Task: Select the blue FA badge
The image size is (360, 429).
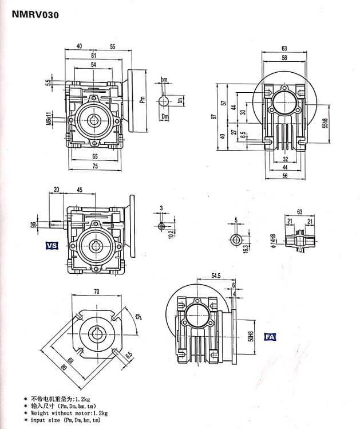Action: [x=270, y=337]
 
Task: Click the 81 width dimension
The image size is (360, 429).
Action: [x=93, y=56]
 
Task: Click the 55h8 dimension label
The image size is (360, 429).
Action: [x=325, y=123]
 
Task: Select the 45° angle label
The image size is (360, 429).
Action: [x=138, y=318]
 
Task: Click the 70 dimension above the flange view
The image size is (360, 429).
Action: [x=96, y=292]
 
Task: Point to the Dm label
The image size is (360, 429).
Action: [x=164, y=117]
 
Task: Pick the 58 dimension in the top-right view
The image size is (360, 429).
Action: [x=284, y=58]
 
